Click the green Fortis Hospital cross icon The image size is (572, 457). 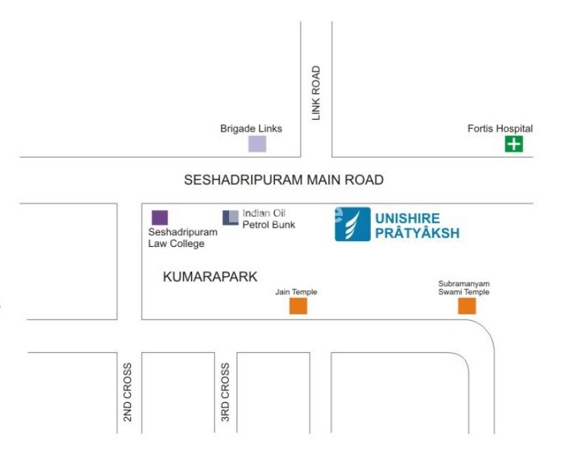click(x=514, y=143)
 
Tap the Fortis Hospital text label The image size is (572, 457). click(x=500, y=129)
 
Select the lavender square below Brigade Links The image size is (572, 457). click(x=256, y=143)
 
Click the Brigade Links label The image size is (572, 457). click(x=251, y=129)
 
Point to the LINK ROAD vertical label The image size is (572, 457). click(x=316, y=93)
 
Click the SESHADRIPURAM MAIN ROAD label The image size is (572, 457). click(x=284, y=180)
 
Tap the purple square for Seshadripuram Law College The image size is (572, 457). click(x=160, y=217)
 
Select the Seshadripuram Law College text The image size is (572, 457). click(x=183, y=237)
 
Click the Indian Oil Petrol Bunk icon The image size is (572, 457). click(x=231, y=217)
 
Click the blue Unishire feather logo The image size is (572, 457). click(x=353, y=224)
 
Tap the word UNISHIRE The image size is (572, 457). click(x=407, y=218)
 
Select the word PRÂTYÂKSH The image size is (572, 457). click(x=417, y=234)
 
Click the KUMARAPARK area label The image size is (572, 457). click(x=210, y=277)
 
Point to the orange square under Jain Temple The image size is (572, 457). click(x=298, y=306)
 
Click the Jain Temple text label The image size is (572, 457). click(x=296, y=292)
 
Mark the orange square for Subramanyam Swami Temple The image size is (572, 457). click(x=466, y=305)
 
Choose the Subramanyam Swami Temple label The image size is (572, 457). click(x=464, y=288)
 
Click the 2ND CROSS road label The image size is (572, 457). click(x=128, y=392)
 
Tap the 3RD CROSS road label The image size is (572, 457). click(x=225, y=392)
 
